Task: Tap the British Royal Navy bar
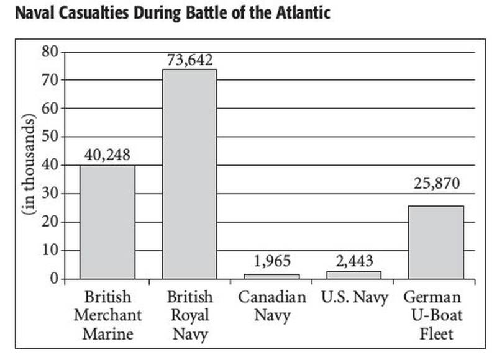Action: (189, 174)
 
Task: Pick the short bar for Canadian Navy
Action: (272, 276)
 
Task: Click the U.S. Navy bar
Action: (354, 275)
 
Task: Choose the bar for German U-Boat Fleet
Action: (435, 242)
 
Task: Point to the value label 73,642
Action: (189, 60)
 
